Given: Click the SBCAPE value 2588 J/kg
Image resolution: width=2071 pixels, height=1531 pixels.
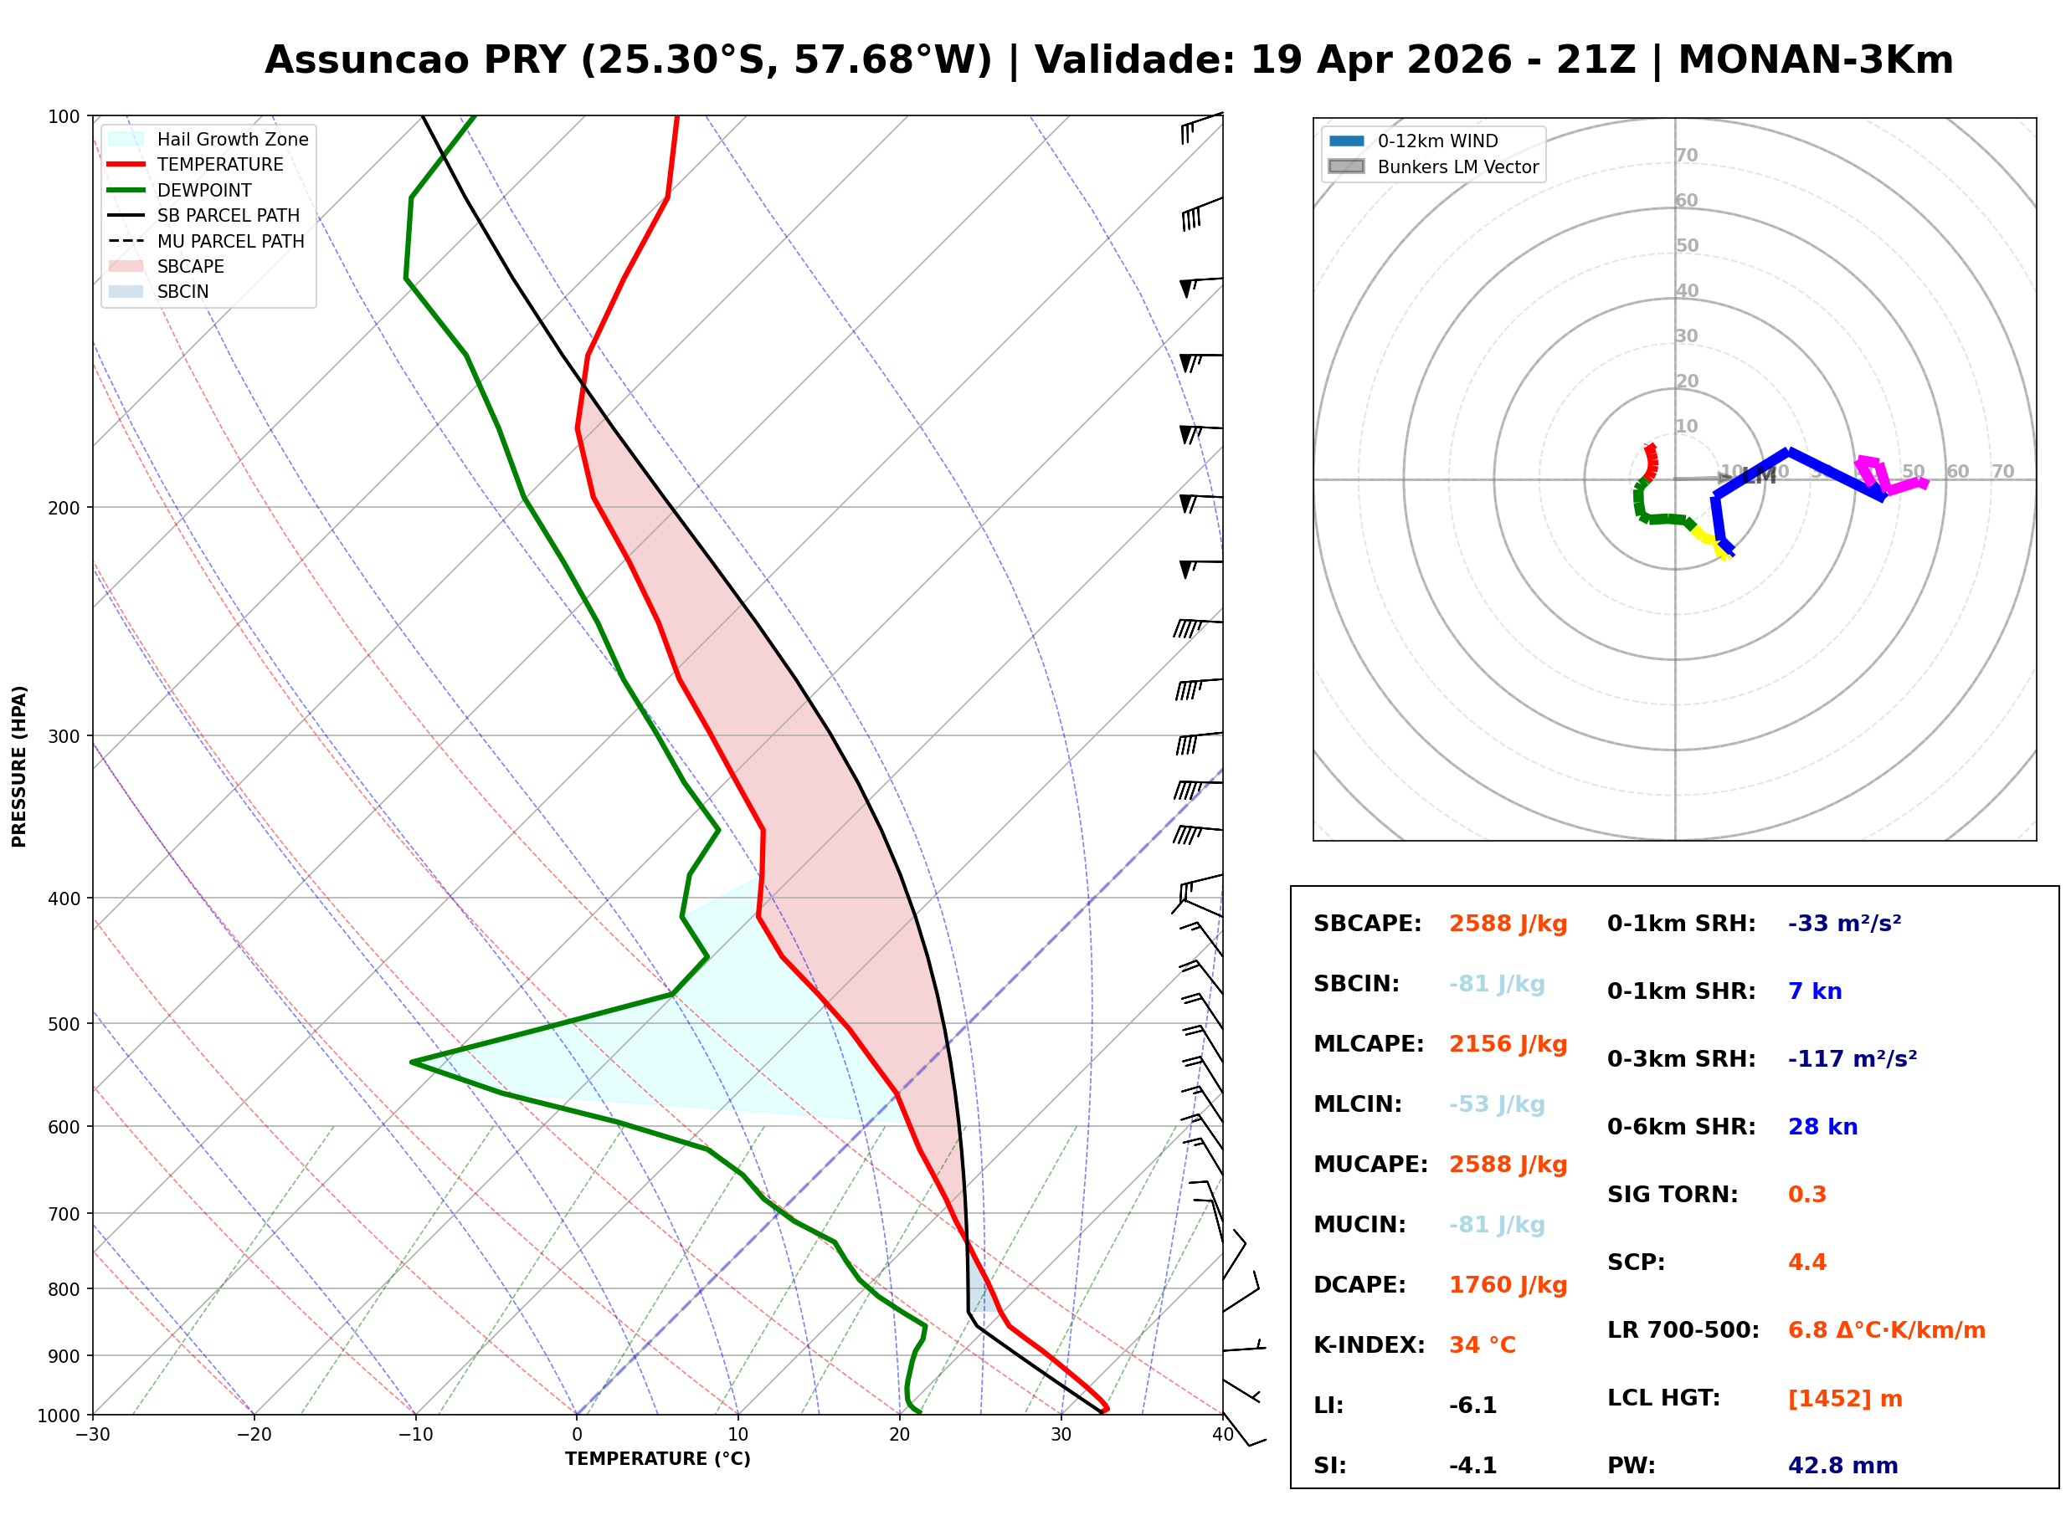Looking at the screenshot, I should click(x=1508, y=924).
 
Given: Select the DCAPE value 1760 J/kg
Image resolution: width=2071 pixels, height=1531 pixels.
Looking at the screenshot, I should click(x=1508, y=1285).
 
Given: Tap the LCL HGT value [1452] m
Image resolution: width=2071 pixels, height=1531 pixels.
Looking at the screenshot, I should click(x=1845, y=1399).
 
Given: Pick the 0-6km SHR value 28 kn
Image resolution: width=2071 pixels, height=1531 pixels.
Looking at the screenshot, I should click(x=1822, y=1127).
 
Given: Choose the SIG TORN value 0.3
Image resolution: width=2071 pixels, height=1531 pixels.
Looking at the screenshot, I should click(x=1806, y=1195).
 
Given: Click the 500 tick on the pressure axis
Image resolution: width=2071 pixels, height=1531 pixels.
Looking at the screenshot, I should click(x=64, y=1024).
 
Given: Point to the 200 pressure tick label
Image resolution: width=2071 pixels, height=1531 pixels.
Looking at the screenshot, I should click(x=64, y=508).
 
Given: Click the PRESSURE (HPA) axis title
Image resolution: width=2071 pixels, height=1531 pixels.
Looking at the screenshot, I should click(x=19, y=766).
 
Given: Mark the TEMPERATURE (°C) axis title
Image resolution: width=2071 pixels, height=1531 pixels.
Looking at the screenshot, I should click(x=657, y=1460).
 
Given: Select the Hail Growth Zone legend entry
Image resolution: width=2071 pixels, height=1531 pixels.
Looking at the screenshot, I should click(x=232, y=139).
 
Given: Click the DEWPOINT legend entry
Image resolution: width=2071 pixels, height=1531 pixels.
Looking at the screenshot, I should click(x=204, y=190).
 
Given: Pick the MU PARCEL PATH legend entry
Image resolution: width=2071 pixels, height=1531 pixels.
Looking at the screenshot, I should click(x=230, y=241).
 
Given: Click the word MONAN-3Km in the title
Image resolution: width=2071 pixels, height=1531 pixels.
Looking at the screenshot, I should click(x=1815, y=60).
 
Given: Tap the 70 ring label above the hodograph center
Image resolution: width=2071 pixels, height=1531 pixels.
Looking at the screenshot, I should click(x=1686, y=155).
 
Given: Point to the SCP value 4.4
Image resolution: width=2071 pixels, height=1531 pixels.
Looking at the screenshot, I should click(x=1806, y=1262).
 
